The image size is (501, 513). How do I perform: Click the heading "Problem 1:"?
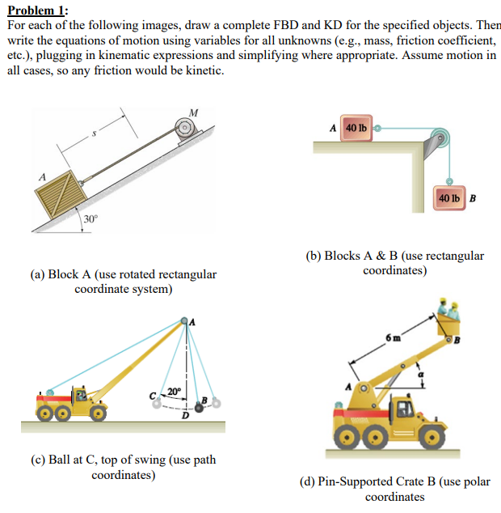(38, 9)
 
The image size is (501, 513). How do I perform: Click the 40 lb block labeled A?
(355, 128)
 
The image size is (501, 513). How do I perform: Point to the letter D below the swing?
(185, 416)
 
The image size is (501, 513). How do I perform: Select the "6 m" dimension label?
(393, 336)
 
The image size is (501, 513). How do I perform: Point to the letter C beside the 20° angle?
(153, 394)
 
